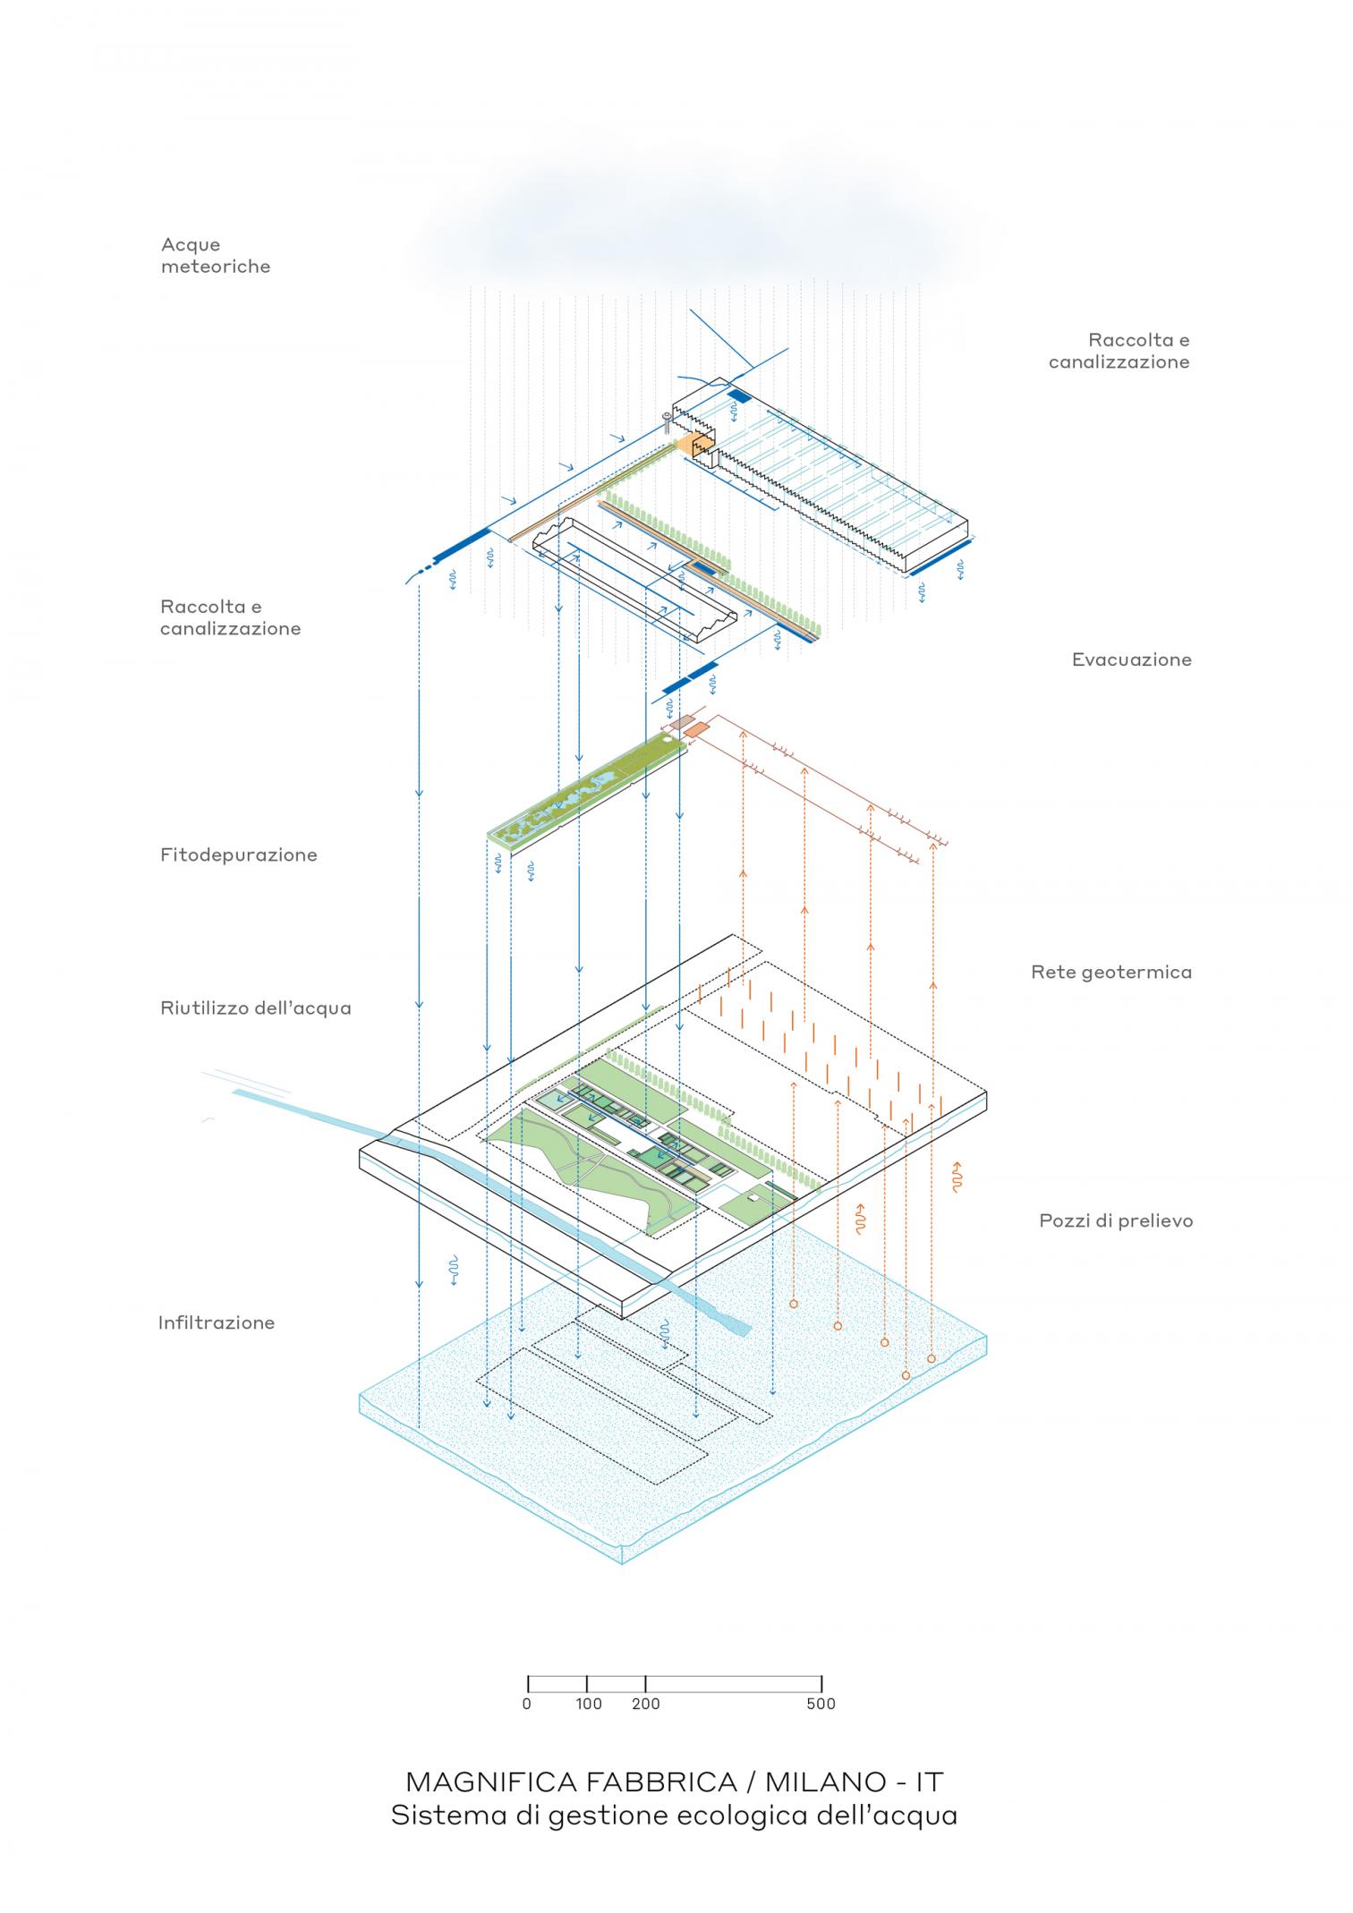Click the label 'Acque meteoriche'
pyautogui.click(x=215, y=256)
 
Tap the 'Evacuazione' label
pyautogui.click(x=1131, y=660)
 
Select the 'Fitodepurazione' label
pyautogui.click(x=238, y=855)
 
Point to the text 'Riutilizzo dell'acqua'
pyautogui.click(x=255, y=1008)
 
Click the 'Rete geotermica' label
pyautogui.click(x=1110, y=973)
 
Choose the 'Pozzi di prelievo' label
pyautogui.click(x=1115, y=1221)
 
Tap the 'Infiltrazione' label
pyautogui.click(x=216, y=1323)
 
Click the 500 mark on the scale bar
pyautogui.click(x=821, y=1705)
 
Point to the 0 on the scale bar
pyautogui.click(x=527, y=1705)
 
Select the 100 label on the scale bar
pyautogui.click(x=588, y=1705)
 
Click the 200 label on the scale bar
pyautogui.click(x=645, y=1705)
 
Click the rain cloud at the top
pyautogui.click(x=680, y=233)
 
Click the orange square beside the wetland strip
pyautogui.click(x=696, y=730)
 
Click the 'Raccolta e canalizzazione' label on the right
pyautogui.click(x=1119, y=352)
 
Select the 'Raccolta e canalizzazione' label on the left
pyautogui.click(x=230, y=618)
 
